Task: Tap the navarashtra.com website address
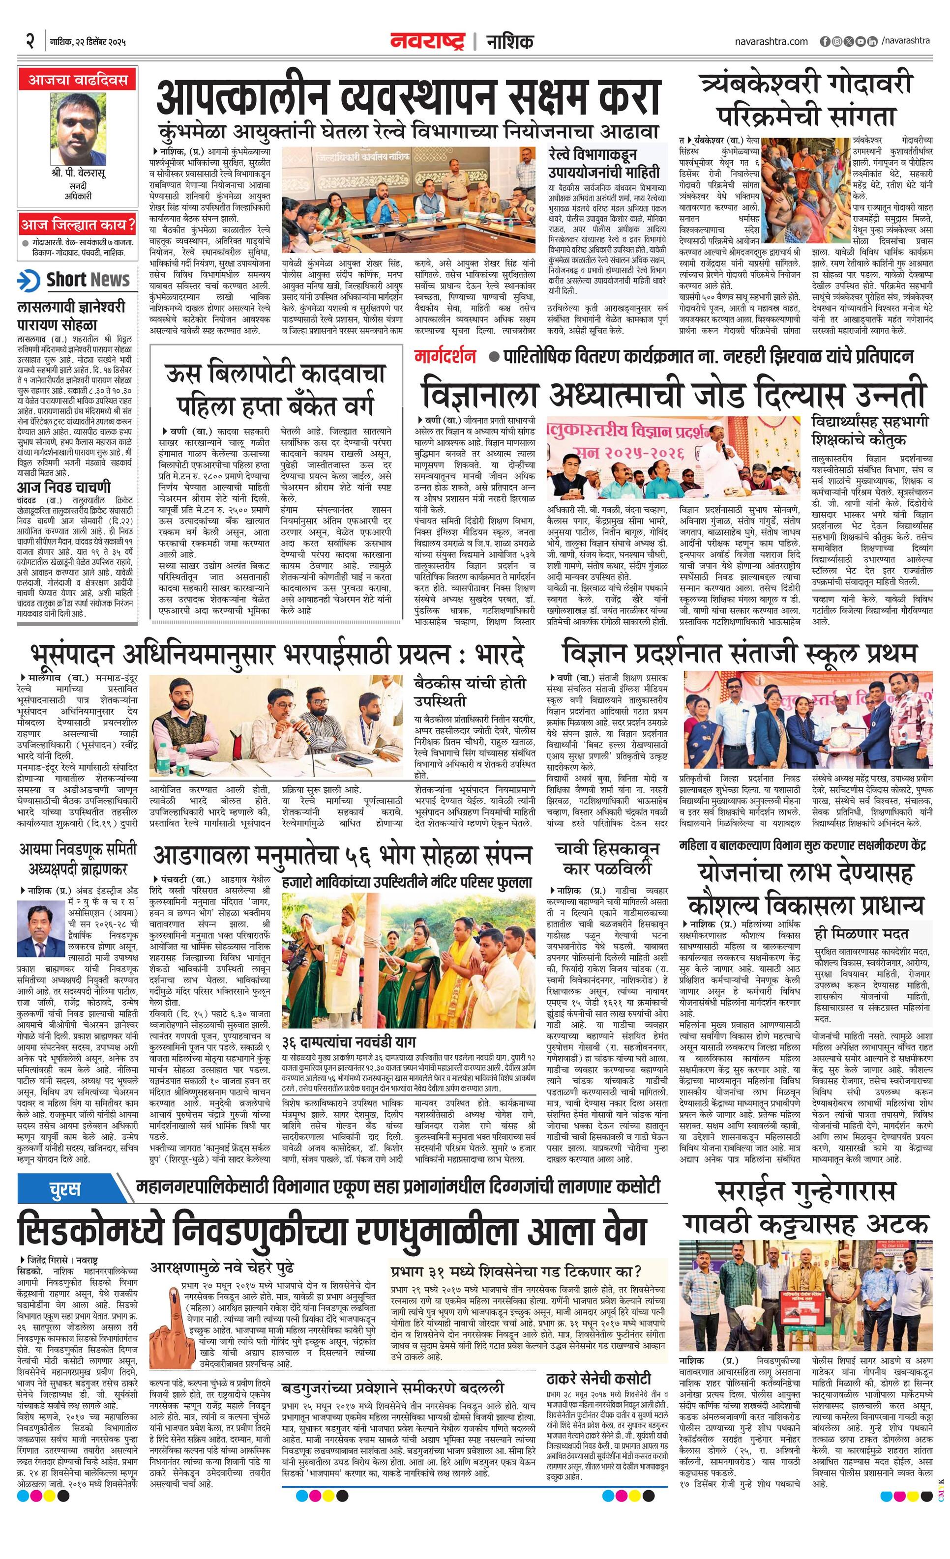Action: pyautogui.click(x=771, y=42)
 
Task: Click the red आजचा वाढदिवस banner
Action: pyautogui.click(x=77, y=80)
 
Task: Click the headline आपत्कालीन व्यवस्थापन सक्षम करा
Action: pyautogui.click(x=408, y=97)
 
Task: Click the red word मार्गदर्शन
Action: pyautogui.click(x=445, y=356)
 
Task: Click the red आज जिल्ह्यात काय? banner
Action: pyautogui.click(x=77, y=224)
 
